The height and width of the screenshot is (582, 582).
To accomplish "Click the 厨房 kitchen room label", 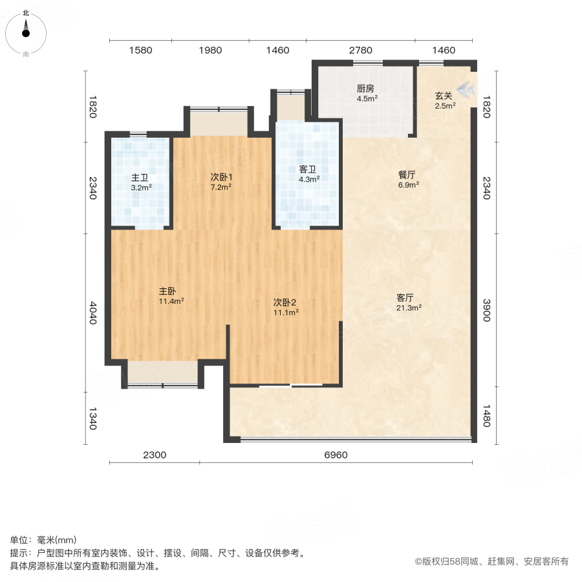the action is [365, 89].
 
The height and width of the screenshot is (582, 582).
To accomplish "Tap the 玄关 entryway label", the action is [444, 96].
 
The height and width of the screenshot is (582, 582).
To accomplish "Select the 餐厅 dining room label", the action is [407, 175].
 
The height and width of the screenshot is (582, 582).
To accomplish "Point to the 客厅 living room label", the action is [405, 297].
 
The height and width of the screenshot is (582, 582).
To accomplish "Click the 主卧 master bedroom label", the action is [167, 292].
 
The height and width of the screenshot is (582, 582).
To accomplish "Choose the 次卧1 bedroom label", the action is [221, 177].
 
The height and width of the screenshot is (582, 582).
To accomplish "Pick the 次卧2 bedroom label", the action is [285, 303].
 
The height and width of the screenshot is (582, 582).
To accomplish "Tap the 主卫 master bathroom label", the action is [140, 178].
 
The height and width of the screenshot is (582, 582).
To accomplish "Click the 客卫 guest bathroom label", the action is [308, 169].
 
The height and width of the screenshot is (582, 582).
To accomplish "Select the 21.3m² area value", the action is [409, 308].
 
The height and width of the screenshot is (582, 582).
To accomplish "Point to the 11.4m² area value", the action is [171, 301].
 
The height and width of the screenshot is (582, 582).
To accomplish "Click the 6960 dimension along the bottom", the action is [336, 455].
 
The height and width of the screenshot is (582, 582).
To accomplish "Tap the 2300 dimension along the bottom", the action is [155, 455].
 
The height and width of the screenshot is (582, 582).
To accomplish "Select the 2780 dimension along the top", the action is [360, 50].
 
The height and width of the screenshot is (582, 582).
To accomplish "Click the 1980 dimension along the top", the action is [210, 50].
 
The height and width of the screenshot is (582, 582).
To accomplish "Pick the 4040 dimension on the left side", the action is [92, 313].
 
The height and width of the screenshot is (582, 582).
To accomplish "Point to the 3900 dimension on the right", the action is [487, 310].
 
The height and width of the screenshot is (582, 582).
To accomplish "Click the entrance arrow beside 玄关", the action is [466, 89].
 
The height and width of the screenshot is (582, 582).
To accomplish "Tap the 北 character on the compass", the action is [26, 14].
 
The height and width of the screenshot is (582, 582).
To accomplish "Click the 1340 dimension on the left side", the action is [92, 418].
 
